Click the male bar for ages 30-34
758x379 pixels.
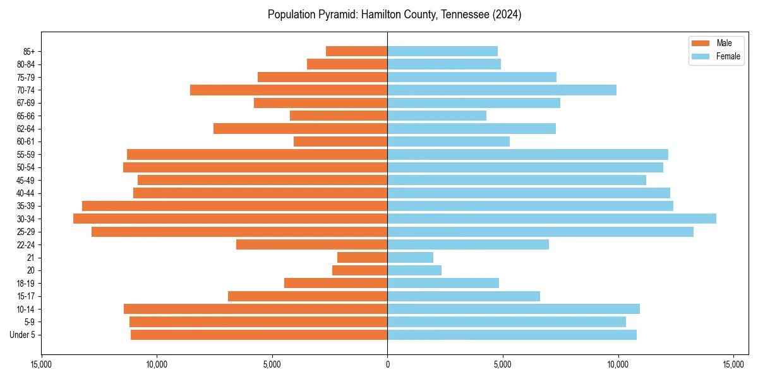point(230,219)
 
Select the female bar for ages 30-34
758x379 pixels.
point(551,219)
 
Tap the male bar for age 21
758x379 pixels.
point(362,257)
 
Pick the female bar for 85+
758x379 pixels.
point(442,51)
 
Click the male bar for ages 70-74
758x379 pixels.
point(289,90)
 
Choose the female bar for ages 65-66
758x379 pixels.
point(436,116)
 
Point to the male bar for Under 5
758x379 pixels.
point(259,335)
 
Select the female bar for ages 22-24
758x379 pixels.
point(468,244)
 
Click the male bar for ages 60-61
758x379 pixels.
point(340,141)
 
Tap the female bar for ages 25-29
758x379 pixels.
point(540,232)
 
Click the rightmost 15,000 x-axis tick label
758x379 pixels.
point(733,364)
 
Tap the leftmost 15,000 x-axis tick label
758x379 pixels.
point(41,364)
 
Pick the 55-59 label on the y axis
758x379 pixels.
point(26,154)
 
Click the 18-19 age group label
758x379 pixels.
point(26,283)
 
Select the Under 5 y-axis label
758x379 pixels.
point(23,335)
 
